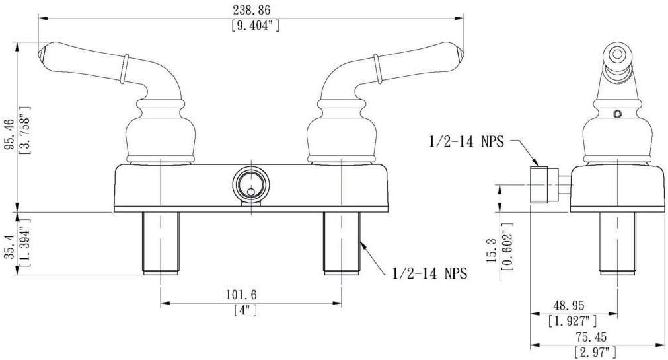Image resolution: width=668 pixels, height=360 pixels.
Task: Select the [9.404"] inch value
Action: (256, 26)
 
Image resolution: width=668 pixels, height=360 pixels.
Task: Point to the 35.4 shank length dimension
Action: (9, 246)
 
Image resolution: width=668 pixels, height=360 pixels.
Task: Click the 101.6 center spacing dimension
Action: (241, 295)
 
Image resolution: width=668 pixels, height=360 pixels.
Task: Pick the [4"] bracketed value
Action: (246, 310)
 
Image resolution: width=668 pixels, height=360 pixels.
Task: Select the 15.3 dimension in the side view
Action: (492, 250)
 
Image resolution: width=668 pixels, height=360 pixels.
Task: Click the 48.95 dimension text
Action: (569, 305)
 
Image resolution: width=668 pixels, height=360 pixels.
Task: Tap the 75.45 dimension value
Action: (591, 337)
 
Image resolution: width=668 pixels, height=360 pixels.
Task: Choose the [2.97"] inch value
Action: (595, 352)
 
